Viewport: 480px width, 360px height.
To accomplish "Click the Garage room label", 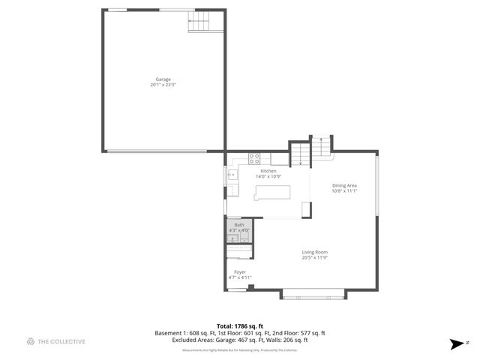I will tap(163, 79).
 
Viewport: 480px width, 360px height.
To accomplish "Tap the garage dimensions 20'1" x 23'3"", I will tap(163, 85).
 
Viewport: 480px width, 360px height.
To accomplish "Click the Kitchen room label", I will tap(268, 171).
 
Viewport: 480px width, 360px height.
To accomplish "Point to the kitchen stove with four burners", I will tap(254, 158).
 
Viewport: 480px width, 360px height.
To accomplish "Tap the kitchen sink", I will tap(232, 175).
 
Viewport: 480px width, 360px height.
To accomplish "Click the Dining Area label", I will tap(344, 185).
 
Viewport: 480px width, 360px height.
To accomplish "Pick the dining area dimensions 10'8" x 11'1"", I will tap(344, 190).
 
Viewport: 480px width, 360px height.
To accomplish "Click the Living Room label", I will tap(315, 252).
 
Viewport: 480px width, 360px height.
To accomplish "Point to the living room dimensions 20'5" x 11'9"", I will tap(315, 258).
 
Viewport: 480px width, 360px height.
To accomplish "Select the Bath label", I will tap(238, 225).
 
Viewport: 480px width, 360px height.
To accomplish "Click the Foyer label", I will tap(240, 272).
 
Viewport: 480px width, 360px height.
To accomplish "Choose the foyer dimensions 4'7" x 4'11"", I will tap(240, 277).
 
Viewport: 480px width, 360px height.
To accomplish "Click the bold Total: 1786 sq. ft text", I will tap(240, 326).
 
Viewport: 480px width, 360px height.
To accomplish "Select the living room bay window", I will tap(314, 294).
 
